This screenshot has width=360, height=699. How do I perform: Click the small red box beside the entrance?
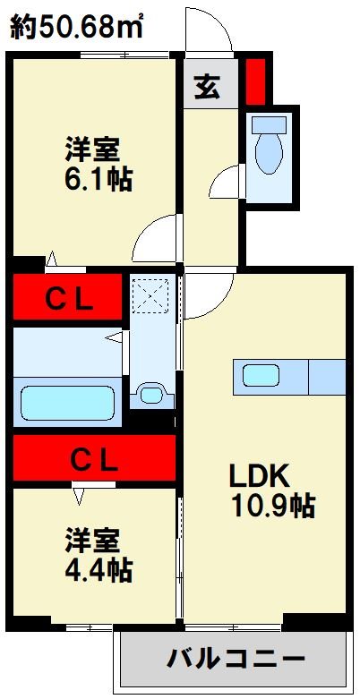point(256,81)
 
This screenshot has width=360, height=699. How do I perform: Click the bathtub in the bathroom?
point(69,403)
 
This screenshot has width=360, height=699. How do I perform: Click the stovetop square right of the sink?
point(327,376)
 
